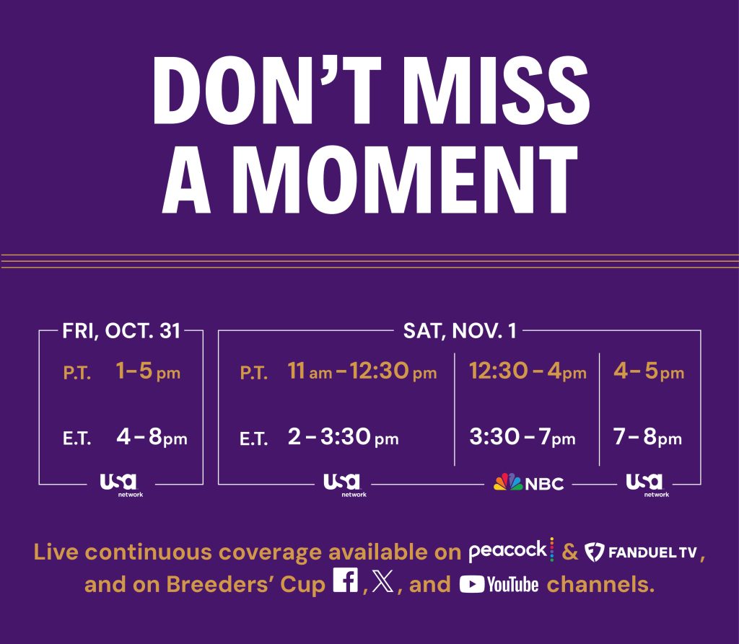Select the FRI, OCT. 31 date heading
tap(121, 331)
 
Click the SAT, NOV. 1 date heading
tap(460, 331)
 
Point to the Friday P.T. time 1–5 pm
tap(148, 373)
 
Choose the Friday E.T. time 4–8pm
tap(152, 438)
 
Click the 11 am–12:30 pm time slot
tap(362, 373)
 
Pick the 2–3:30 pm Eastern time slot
tap(343, 438)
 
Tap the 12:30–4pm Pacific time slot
tap(528, 373)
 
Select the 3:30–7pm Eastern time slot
tap(522, 438)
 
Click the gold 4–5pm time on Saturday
tap(648, 373)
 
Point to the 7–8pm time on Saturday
tap(647, 438)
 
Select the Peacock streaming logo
tap(511, 551)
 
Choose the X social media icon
tap(383, 583)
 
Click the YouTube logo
tap(499, 584)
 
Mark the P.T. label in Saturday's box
tap(254, 374)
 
